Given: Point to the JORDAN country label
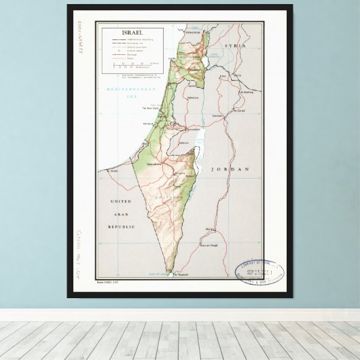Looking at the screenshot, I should [230, 168].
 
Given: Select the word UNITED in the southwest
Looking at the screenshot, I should [121, 202].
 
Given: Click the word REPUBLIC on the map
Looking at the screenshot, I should [121, 226].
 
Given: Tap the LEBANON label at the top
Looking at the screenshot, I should [192, 33].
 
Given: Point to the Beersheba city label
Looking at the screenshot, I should [154, 164].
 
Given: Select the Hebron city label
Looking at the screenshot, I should [183, 143].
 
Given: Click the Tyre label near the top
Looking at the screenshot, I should [181, 30].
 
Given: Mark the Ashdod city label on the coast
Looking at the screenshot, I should [149, 124].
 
